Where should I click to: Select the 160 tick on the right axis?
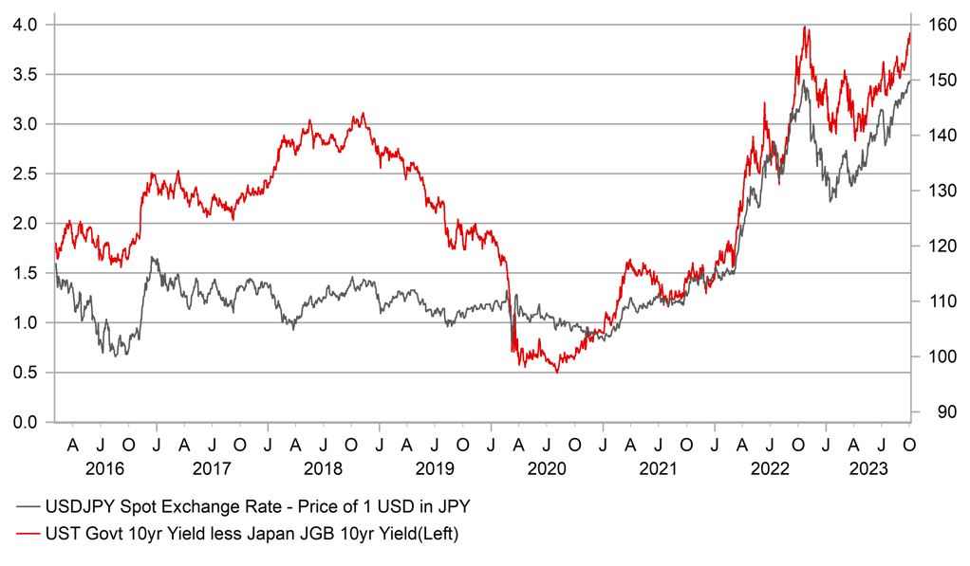click(937, 25)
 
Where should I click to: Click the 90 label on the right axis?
click(933, 412)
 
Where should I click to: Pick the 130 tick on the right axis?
click(937, 191)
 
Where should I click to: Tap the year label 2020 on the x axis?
click(547, 468)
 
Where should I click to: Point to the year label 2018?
click(325, 468)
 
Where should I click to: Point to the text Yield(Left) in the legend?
click(411, 535)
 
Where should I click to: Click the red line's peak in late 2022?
click(805, 27)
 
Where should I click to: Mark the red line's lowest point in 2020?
click(557, 372)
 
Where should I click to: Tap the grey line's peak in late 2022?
click(804, 81)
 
